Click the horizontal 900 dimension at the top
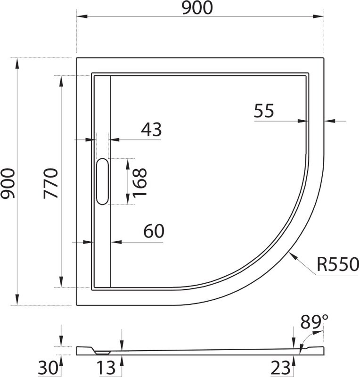(x=199, y=8)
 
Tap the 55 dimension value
(x=263, y=111)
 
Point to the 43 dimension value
(x=151, y=129)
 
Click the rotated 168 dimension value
(x=139, y=182)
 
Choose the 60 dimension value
(x=154, y=231)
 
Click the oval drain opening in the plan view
(x=102, y=182)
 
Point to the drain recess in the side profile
(x=102, y=351)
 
